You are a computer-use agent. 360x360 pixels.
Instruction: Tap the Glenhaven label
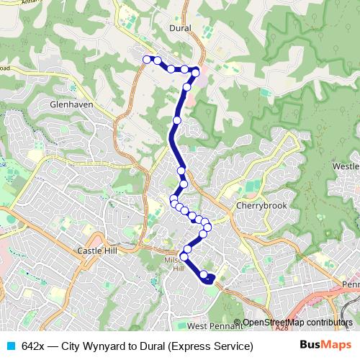point(71,104)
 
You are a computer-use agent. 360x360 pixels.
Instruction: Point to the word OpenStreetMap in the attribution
point(272,323)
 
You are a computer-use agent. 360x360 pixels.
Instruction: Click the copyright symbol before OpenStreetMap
point(238,323)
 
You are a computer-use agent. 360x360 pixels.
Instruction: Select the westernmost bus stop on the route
point(147,59)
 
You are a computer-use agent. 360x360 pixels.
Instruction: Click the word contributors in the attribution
point(328,323)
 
